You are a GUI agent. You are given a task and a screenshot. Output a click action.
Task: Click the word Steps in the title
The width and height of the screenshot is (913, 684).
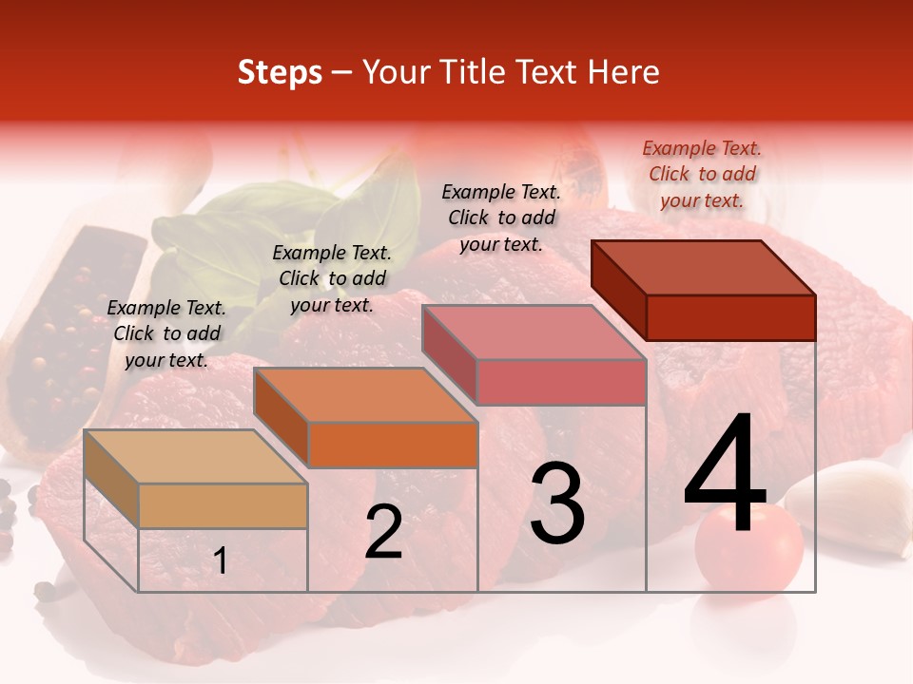pyautogui.click(x=280, y=73)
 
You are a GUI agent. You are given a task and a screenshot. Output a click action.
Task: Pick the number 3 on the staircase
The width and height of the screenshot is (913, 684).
pyautogui.click(x=557, y=503)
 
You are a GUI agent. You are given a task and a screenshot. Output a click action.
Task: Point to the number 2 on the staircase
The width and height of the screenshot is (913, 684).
pyautogui.click(x=383, y=532)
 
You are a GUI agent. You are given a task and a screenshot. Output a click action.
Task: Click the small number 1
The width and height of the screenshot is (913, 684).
pyautogui.click(x=221, y=561)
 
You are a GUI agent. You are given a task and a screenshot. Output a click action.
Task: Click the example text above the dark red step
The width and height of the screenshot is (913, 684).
pyautogui.click(x=702, y=174)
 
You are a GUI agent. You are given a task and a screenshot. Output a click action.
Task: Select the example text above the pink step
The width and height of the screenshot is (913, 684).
pyautogui.click(x=501, y=218)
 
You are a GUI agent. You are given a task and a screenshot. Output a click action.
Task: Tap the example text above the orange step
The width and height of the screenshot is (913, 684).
pyautogui.click(x=332, y=278)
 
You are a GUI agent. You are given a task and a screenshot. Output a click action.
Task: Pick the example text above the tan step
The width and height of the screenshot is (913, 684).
pyautogui.click(x=166, y=333)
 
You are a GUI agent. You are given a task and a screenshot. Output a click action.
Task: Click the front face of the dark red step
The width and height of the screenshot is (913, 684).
pyautogui.click(x=730, y=317)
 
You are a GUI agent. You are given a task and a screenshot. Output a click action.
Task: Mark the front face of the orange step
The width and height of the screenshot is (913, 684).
pyautogui.click(x=393, y=445)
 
